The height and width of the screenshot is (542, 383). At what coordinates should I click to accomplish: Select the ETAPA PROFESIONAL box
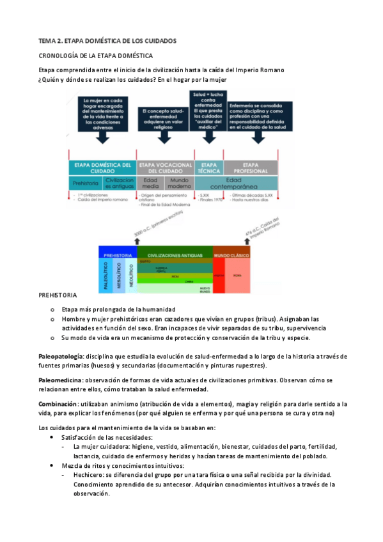[250, 168]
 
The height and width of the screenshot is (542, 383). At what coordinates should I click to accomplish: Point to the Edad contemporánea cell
[235, 183]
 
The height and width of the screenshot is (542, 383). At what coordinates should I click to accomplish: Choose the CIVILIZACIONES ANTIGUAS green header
[175, 254]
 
